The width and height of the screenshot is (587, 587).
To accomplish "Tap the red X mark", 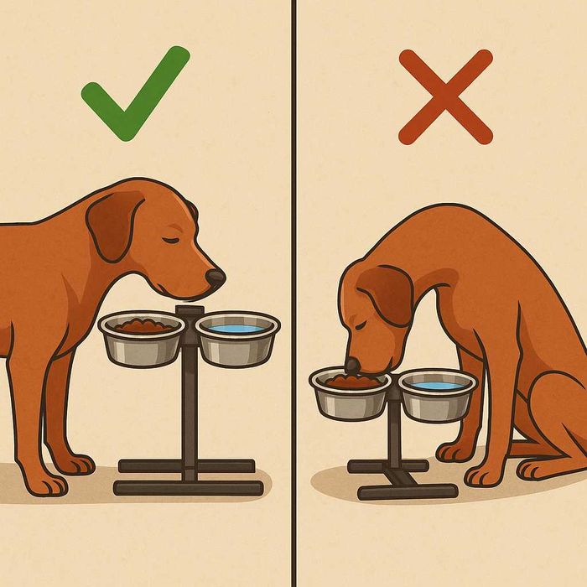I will click(x=445, y=96).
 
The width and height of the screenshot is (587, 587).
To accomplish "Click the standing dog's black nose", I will click(x=216, y=277).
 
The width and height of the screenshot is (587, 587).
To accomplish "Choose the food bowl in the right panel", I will click(x=350, y=394).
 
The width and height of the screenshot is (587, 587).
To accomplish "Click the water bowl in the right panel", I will click(x=437, y=396).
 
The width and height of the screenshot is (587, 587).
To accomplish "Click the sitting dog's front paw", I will click(x=486, y=475).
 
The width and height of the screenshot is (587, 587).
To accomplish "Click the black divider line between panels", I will click(x=293, y=293).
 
